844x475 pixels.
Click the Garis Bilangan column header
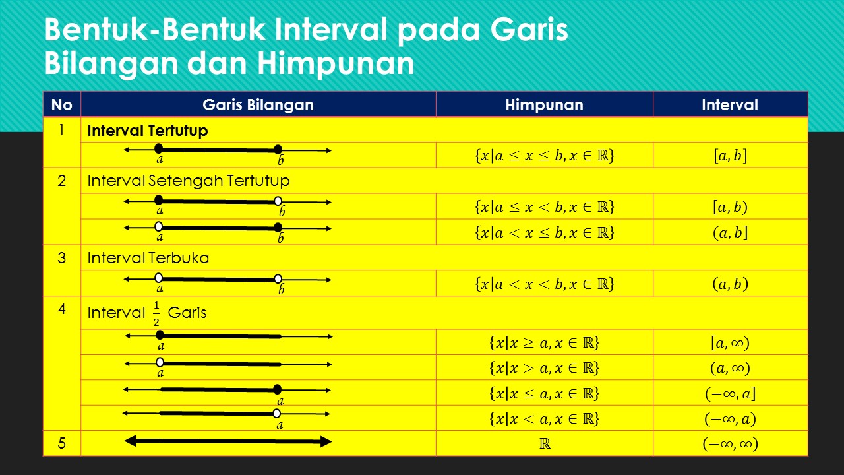pos(258,105)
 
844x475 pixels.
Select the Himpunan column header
pos(544,105)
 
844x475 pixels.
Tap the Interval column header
pos(729,105)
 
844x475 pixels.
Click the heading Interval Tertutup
pos(147,131)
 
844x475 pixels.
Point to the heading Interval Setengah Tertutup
pos(188,181)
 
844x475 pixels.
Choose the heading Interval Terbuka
pos(148,258)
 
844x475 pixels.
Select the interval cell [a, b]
pos(730,156)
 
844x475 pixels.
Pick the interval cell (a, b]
pos(730,233)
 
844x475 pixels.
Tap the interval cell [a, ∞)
pos(730,343)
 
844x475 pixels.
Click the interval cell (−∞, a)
pos(730,419)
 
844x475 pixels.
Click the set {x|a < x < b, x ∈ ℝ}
pos(544,284)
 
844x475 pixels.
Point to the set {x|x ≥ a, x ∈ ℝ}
pos(544,343)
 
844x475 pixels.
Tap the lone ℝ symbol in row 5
pos(545,444)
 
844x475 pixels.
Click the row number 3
pos(62,258)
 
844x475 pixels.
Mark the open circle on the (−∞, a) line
pos(277,414)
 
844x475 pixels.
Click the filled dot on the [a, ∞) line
pos(160,335)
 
